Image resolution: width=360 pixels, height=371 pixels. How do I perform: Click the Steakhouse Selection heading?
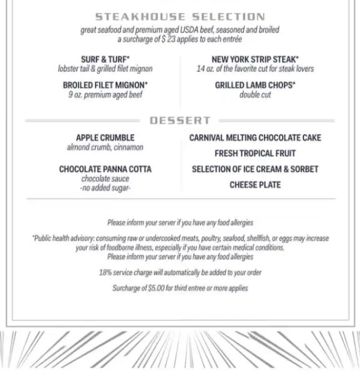click(180, 17)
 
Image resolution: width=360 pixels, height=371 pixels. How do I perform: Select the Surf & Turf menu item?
click(105, 59)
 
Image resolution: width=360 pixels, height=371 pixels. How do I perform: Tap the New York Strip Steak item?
click(255, 59)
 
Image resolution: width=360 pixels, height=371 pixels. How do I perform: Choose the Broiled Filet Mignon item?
click(105, 85)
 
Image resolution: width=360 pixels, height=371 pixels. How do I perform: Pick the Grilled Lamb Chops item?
click(255, 85)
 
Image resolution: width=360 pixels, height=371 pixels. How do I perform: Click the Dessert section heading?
click(180, 120)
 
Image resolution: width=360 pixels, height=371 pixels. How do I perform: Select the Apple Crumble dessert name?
click(105, 137)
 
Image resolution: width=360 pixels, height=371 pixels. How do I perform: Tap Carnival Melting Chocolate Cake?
click(255, 137)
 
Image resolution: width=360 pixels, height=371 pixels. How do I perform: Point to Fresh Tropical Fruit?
click(255, 153)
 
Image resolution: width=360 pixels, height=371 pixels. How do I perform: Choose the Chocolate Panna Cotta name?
click(105, 169)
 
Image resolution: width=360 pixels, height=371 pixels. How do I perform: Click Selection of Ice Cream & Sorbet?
click(255, 169)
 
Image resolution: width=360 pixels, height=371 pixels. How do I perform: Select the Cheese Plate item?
click(255, 185)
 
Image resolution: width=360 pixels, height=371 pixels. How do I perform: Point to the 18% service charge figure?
click(105, 272)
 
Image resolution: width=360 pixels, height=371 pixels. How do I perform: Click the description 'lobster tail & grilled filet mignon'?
click(105, 69)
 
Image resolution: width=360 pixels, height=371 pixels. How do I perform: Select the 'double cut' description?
click(255, 95)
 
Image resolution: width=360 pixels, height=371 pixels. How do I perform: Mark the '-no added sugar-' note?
click(105, 187)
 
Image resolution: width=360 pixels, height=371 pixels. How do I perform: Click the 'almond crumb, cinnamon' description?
click(105, 147)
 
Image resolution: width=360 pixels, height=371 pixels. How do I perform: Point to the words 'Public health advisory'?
click(62, 238)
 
